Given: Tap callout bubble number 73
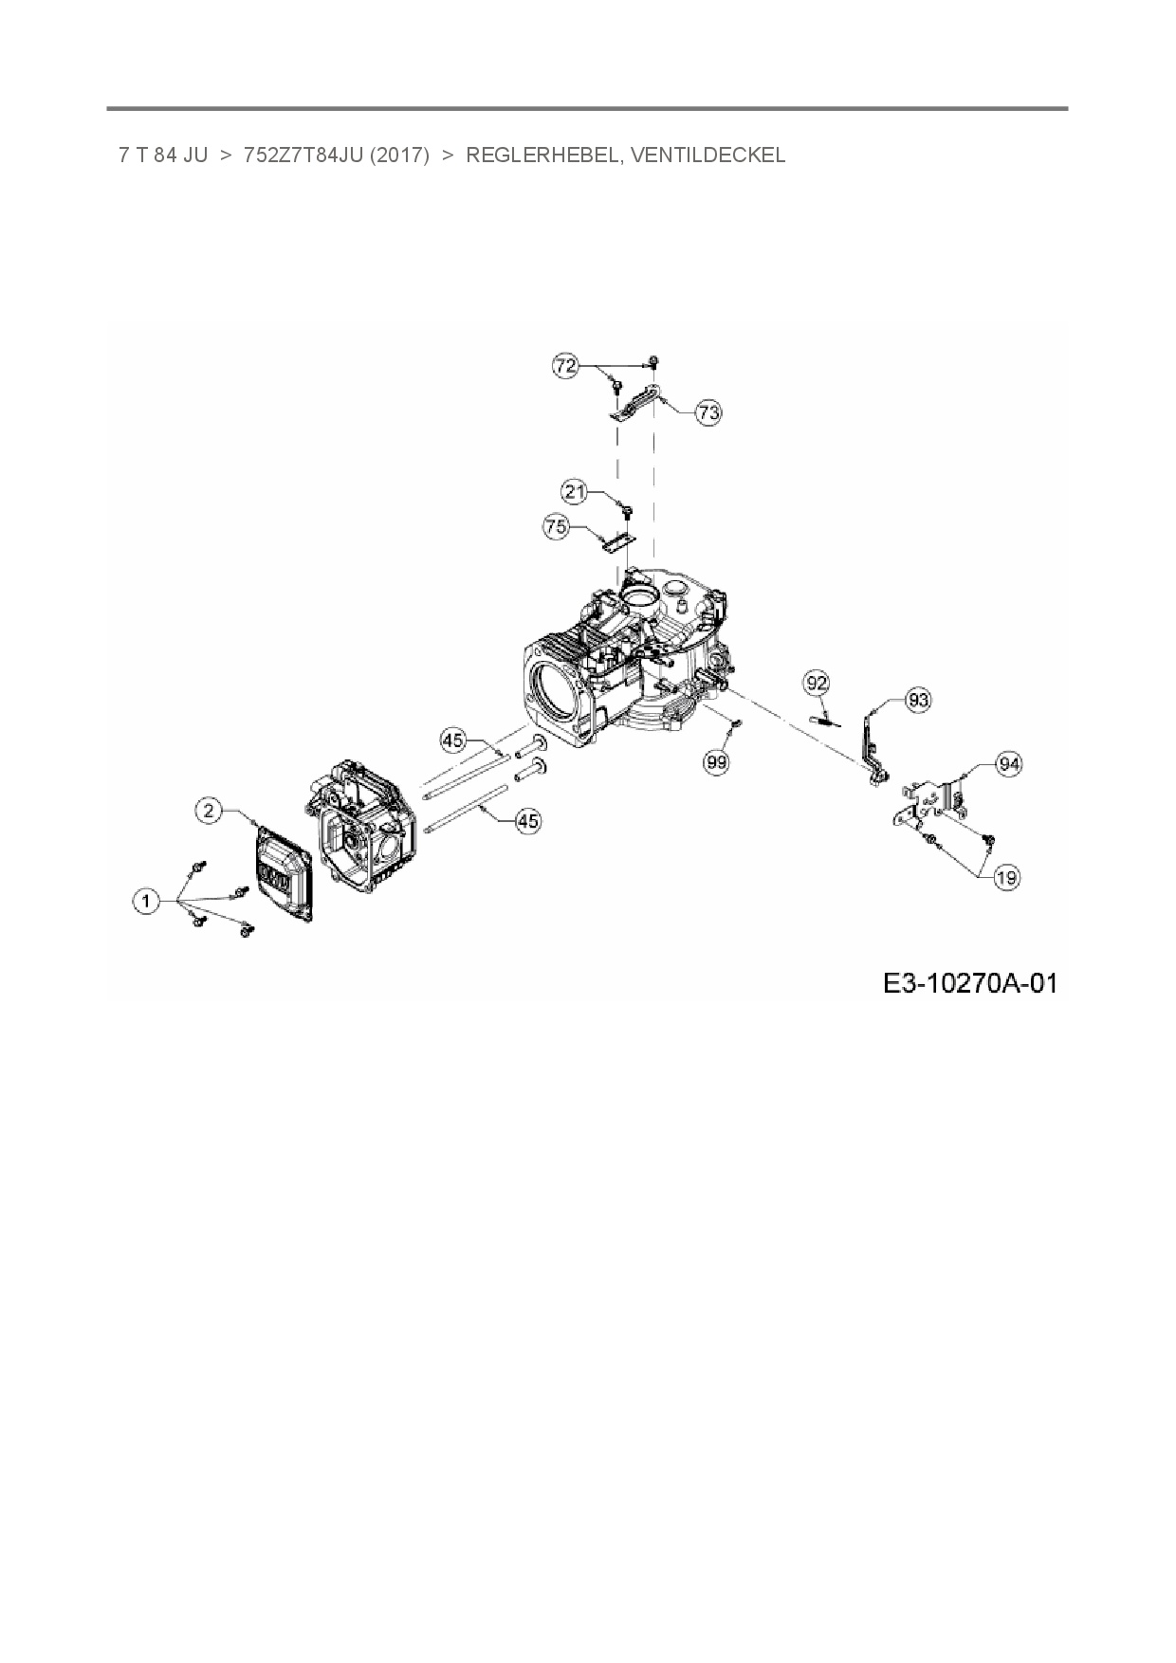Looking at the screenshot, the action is point(707,412).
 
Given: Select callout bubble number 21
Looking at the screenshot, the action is point(575,492).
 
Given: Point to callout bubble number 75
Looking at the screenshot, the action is point(556,527).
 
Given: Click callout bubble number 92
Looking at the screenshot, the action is point(817,683).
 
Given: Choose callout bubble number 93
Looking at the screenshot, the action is point(917,701).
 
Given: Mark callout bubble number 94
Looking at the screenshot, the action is point(1009,764).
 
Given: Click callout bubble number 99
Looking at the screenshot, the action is point(717,760).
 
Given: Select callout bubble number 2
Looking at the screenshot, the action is point(210,810).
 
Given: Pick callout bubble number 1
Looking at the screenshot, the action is point(146,902).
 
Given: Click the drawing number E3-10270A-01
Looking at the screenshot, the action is point(969,983).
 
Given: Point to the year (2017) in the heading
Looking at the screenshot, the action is point(402,155).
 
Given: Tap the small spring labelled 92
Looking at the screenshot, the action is point(825,722).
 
